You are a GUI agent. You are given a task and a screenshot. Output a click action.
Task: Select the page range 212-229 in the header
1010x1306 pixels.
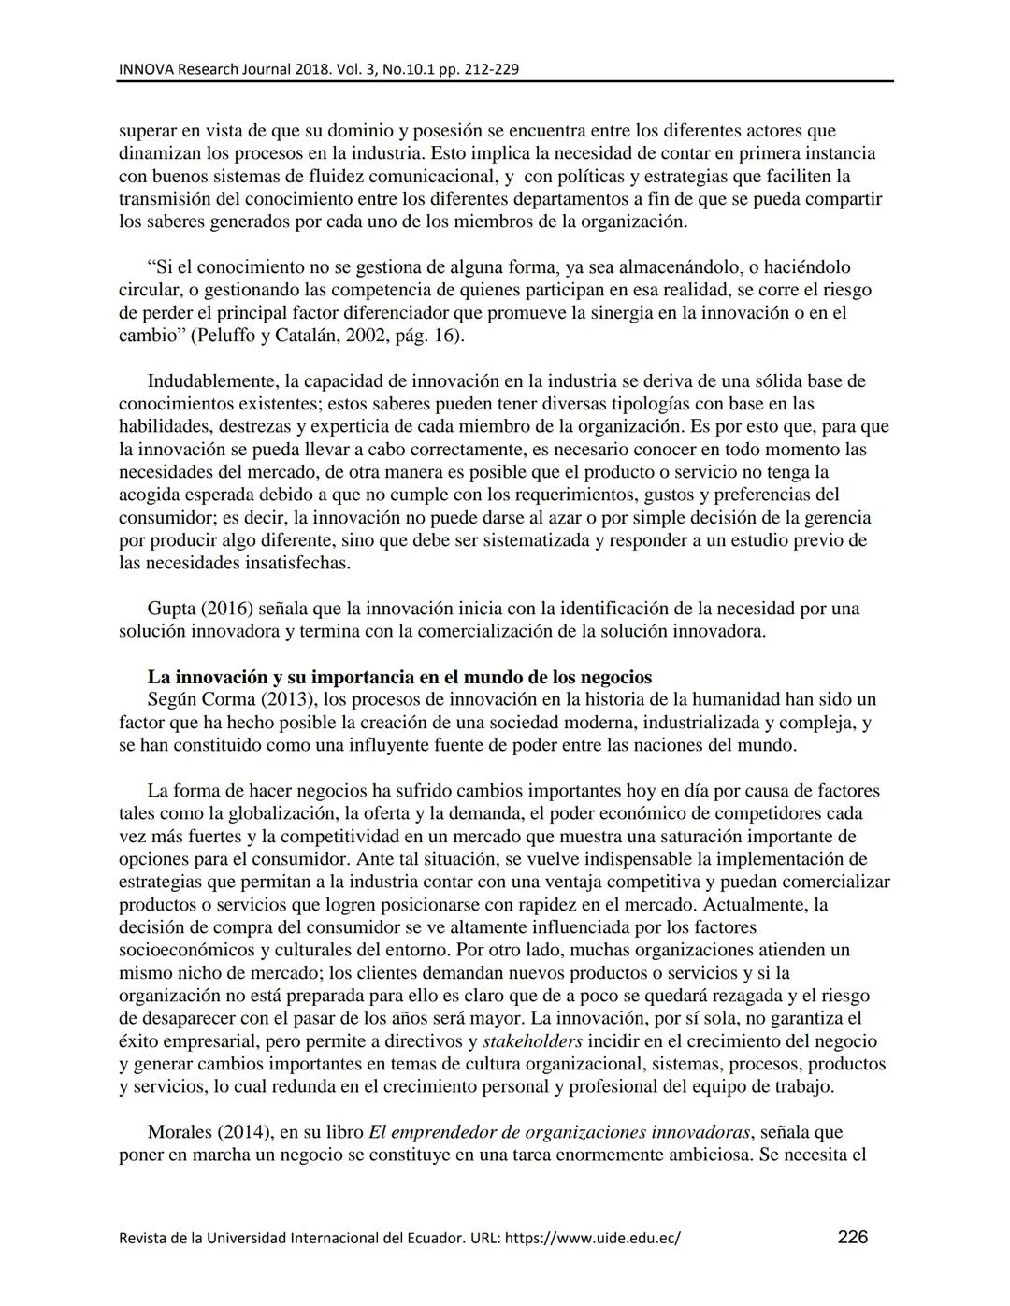coord(488,69)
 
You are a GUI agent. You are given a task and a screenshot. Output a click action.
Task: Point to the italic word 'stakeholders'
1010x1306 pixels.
coord(532,1041)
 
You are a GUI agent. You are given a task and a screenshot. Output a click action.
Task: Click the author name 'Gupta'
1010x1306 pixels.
coord(171,609)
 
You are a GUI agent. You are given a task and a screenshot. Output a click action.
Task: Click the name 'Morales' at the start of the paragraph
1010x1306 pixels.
coord(180,1132)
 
